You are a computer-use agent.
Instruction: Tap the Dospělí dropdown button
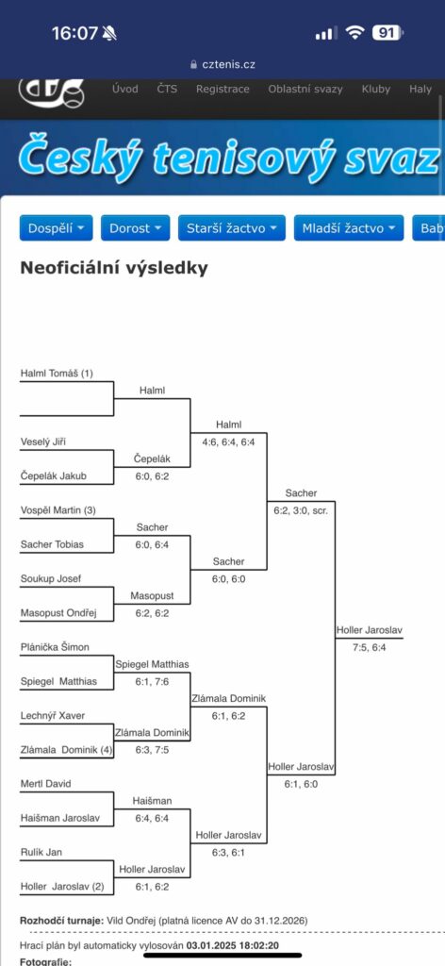tap(56, 228)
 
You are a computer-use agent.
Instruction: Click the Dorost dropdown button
tap(135, 228)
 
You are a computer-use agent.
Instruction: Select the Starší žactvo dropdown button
tap(231, 228)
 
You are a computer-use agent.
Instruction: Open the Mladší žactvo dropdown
tap(349, 228)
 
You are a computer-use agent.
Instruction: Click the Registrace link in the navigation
tap(222, 90)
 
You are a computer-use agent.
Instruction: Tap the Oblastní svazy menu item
tap(305, 90)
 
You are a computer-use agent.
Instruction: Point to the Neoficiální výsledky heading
tap(114, 269)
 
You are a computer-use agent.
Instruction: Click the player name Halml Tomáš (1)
tap(57, 374)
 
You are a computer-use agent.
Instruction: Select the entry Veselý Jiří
tap(42, 441)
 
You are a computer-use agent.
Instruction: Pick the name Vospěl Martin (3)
tap(58, 510)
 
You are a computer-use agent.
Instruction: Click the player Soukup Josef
tap(51, 578)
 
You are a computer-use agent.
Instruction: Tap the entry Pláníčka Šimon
tap(55, 647)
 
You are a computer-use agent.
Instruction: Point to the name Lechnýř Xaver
tap(53, 716)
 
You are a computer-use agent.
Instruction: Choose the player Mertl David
tap(46, 784)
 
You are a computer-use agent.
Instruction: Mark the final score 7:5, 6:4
tap(370, 647)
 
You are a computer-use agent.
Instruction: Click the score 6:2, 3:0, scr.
tap(301, 510)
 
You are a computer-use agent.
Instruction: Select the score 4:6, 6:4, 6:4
tap(229, 441)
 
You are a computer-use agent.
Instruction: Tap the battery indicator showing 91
tap(387, 33)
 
